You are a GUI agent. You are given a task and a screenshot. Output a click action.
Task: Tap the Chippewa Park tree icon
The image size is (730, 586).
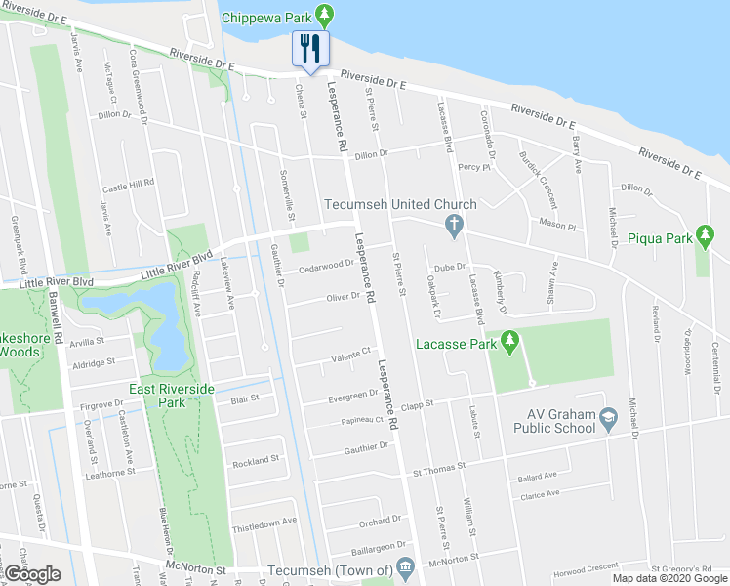(x=330, y=17)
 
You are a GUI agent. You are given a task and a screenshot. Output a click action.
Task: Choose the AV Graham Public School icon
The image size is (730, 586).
(x=609, y=419)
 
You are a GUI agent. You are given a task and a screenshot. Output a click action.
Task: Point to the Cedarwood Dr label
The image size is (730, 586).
(x=326, y=264)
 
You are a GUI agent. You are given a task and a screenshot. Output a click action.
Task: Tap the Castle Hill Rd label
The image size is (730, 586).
(x=129, y=184)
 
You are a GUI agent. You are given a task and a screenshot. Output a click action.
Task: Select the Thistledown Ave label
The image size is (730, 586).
(x=264, y=523)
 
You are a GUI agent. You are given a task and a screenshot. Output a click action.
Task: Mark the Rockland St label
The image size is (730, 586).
(x=256, y=459)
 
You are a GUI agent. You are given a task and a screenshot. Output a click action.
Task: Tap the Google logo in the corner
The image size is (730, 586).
(x=32, y=575)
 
